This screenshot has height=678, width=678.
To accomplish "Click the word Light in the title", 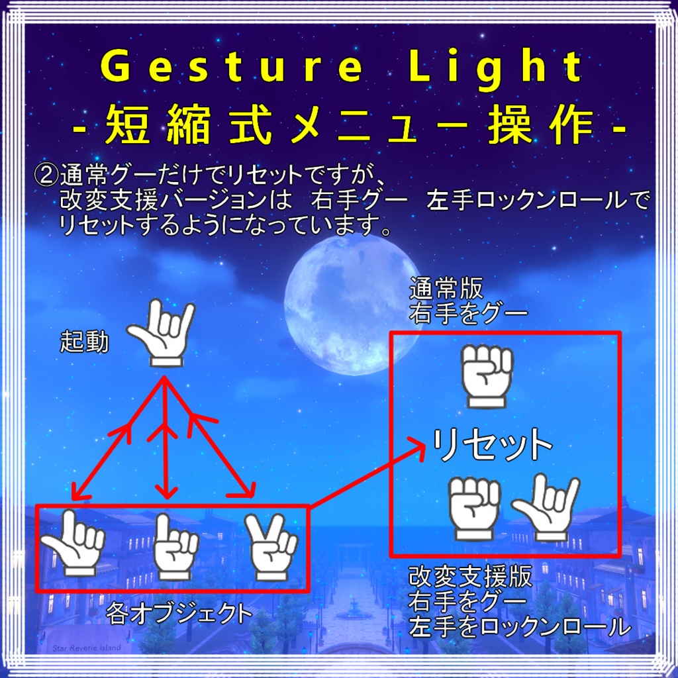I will (496, 68).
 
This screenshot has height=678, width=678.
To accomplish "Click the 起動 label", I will (84, 342).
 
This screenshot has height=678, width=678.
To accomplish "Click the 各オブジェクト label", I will (179, 614).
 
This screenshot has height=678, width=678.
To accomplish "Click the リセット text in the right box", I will (493, 446).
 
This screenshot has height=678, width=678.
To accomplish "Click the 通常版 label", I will (446, 289).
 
